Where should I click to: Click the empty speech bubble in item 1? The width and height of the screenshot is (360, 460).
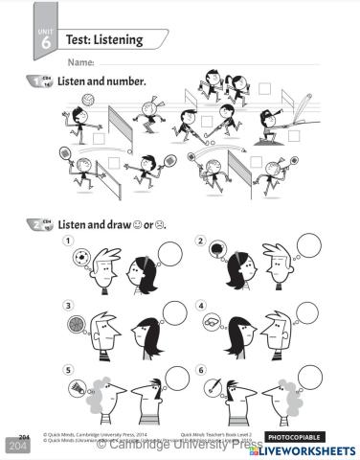[170, 252]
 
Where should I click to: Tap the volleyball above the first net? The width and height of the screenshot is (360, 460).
[87, 99]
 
